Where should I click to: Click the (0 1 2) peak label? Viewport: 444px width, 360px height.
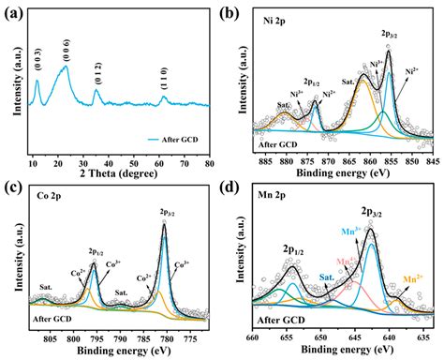[97, 70]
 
